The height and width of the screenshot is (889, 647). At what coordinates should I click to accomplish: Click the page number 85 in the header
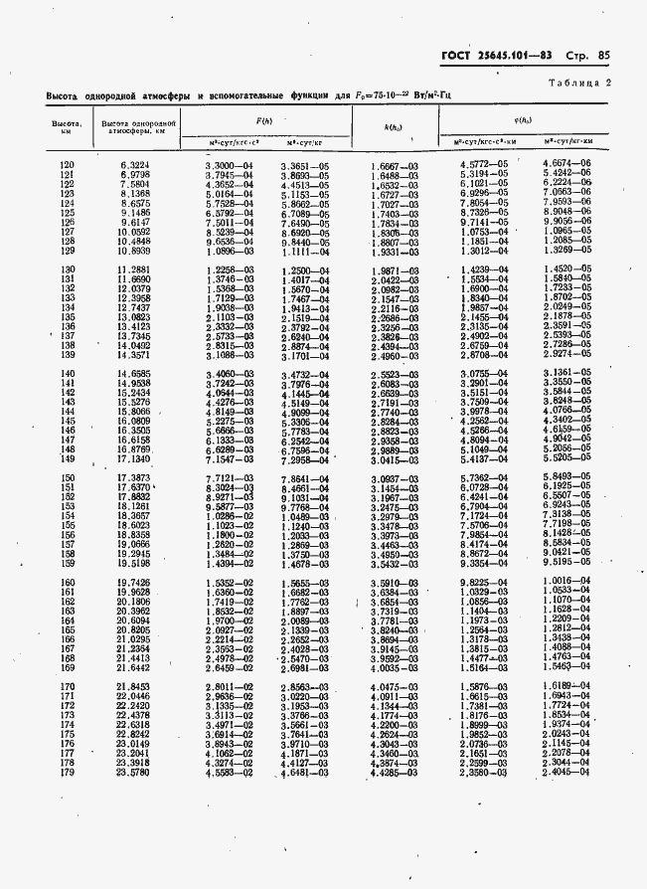coord(603,57)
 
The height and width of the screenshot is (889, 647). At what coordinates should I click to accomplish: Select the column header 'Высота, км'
coord(67,127)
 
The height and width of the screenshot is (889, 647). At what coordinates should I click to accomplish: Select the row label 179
coord(67,772)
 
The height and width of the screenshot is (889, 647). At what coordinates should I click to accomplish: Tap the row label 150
coord(67,478)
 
